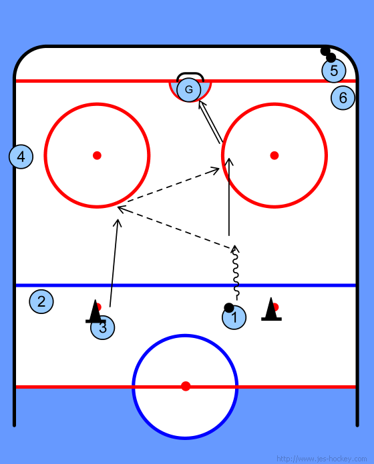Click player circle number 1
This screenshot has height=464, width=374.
(234, 317)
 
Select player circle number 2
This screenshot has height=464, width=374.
(41, 301)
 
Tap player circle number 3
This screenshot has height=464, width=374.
(103, 327)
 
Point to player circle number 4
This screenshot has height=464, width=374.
(21, 157)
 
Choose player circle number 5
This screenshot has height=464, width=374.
(334, 71)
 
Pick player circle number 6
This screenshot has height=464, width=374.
(343, 97)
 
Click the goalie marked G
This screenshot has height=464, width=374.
(189, 89)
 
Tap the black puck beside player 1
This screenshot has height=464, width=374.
(229, 308)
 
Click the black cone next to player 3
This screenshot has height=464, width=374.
(96, 312)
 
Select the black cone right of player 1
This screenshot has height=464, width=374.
(271, 310)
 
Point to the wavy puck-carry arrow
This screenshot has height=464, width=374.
(236, 272)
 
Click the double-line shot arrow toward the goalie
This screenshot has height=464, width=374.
(210, 122)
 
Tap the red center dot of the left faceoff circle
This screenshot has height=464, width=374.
(98, 155)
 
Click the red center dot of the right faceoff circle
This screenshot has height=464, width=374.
(274, 155)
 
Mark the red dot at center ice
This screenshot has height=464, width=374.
(186, 386)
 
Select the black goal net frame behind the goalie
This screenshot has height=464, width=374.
(190, 73)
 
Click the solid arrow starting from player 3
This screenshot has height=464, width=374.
(114, 263)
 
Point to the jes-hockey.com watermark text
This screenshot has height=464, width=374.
(321, 459)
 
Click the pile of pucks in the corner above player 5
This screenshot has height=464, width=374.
(328, 55)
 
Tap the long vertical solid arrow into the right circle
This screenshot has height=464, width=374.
(229, 197)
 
